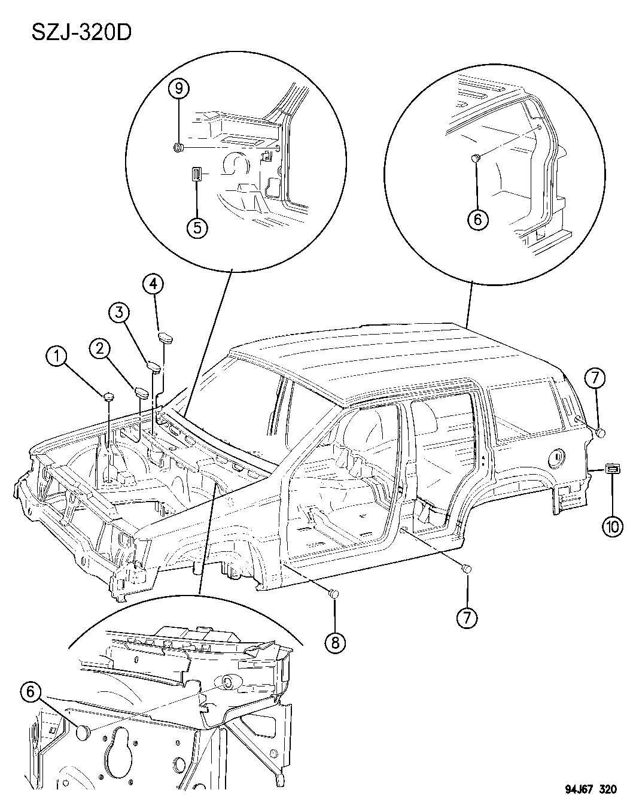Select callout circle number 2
pos(99,348)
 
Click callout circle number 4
pos(153,284)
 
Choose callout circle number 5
pos(197,227)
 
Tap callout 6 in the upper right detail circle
pos(477,219)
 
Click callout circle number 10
pos(612,527)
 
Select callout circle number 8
pos(334,642)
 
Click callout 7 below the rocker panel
pos(467,618)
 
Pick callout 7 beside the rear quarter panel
pos(598,378)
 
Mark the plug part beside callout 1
pos(108,396)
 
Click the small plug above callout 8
pos(334,593)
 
